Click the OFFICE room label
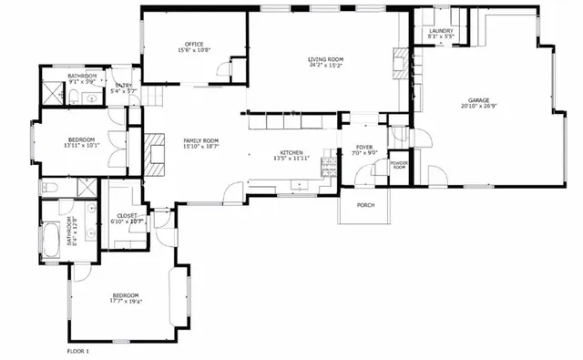[x=194, y=43]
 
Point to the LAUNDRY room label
[x=441, y=30]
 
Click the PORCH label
[x=365, y=205]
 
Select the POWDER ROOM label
[x=399, y=165]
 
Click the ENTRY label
[x=123, y=86]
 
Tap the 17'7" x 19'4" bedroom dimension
[x=126, y=303]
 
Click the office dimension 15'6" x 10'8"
[x=194, y=49]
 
